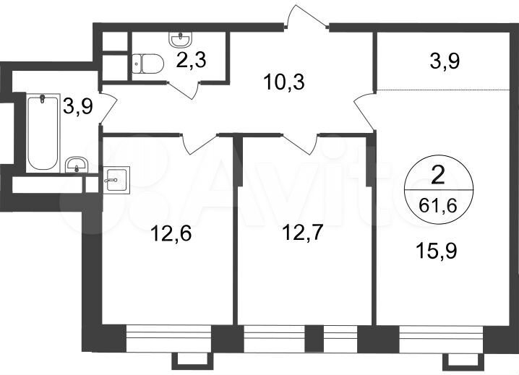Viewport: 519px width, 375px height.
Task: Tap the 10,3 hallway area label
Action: click(x=284, y=82)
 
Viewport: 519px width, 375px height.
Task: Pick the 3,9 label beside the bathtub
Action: click(x=78, y=106)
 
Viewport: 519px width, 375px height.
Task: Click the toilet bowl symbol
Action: click(x=145, y=63)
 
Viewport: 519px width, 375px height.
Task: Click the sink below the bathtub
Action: click(x=76, y=165)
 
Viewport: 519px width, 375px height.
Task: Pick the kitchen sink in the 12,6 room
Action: click(x=116, y=178)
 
